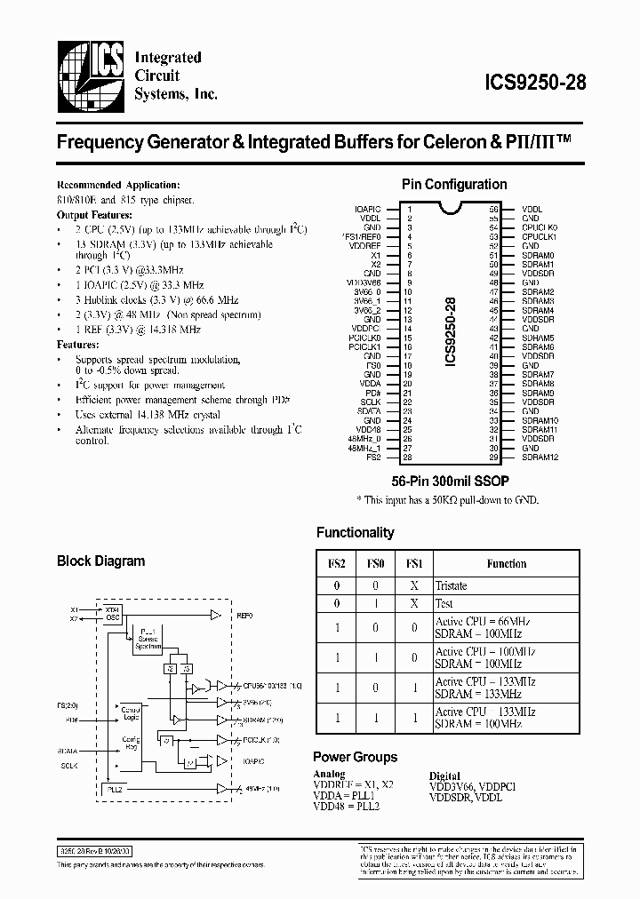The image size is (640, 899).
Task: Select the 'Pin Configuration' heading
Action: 454,185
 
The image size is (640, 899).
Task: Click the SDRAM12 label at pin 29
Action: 540,457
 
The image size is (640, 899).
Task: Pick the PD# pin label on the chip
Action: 373,392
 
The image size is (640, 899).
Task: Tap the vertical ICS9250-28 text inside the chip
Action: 452,331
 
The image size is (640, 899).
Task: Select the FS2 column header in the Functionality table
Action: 337,563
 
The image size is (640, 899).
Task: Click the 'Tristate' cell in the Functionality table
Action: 452,585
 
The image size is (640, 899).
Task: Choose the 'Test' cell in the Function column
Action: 444,603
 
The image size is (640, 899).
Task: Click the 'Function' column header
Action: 507,563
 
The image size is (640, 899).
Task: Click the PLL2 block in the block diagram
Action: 114,789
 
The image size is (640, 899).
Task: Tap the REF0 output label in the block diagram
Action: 244,615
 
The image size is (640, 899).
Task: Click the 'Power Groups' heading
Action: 355,758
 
